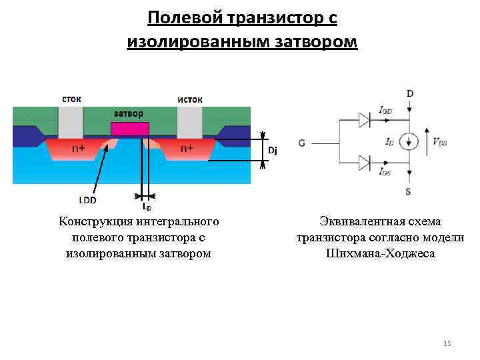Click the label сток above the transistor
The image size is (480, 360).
click(x=71, y=99)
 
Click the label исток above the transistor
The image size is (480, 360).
click(x=190, y=99)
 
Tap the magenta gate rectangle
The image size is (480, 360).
click(x=129, y=129)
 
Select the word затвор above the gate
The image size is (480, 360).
click(x=129, y=113)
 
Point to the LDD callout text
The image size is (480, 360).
click(x=87, y=199)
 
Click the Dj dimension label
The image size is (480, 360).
click(x=271, y=151)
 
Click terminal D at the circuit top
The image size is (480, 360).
click(x=409, y=94)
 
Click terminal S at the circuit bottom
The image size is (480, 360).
click(x=409, y=191)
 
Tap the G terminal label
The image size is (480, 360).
click(x=303, y=143)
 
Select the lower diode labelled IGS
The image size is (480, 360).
click(x=364, y=163)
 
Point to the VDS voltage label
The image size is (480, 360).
click(x=439, y=141)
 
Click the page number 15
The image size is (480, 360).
click(x=447, y=343)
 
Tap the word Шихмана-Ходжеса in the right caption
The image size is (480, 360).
click(x=381, y=253)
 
